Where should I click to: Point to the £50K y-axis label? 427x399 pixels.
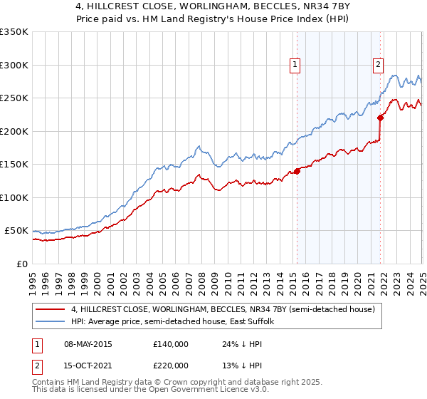tap(16, 231)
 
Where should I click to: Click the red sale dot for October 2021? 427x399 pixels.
tap(381, 118)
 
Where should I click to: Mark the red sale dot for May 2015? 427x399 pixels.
tap(297, 171)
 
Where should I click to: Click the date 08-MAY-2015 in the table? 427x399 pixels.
tap(88, 343)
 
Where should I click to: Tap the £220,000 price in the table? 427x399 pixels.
tap(171, 366)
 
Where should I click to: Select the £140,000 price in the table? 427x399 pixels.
tap(171, 343)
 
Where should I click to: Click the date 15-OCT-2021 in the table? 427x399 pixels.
tap(88, 366)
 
